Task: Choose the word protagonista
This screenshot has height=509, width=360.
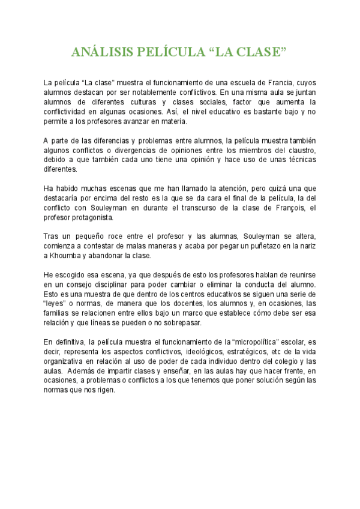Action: [x=86, y=217]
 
